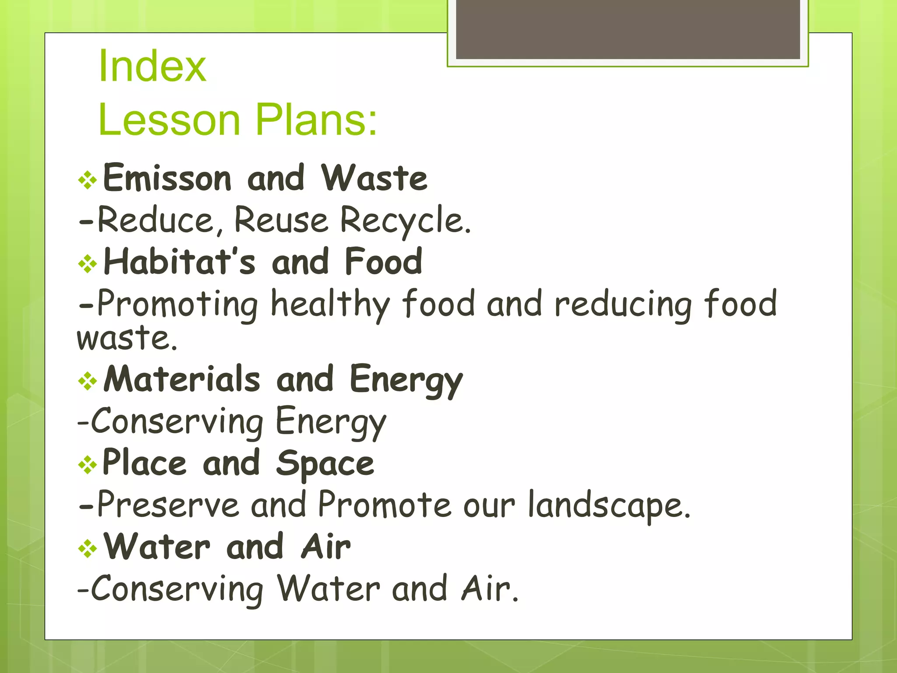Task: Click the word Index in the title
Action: pos(152,66)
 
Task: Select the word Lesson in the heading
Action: pos(169,119)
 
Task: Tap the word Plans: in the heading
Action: pos(316,119)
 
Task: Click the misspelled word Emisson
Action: pos(167,178)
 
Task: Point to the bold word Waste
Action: pos(374,178)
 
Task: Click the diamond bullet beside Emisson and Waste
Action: pos(88,180)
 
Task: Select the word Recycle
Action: pos(405,220)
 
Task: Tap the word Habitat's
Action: pos(179,262)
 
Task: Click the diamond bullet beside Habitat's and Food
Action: pos(88,264)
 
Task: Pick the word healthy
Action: pos(330,304)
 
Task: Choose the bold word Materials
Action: pos(182,379)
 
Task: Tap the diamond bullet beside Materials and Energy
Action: pos(88,381)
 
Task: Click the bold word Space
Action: pos(325,464)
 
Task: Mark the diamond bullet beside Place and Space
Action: pos(88,465)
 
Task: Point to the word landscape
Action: pos(609,505)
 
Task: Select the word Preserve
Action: pos(168,505)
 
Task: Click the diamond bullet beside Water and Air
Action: pos(88,549)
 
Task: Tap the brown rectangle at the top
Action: pos(628,29)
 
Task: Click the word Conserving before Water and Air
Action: pos(177,588)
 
